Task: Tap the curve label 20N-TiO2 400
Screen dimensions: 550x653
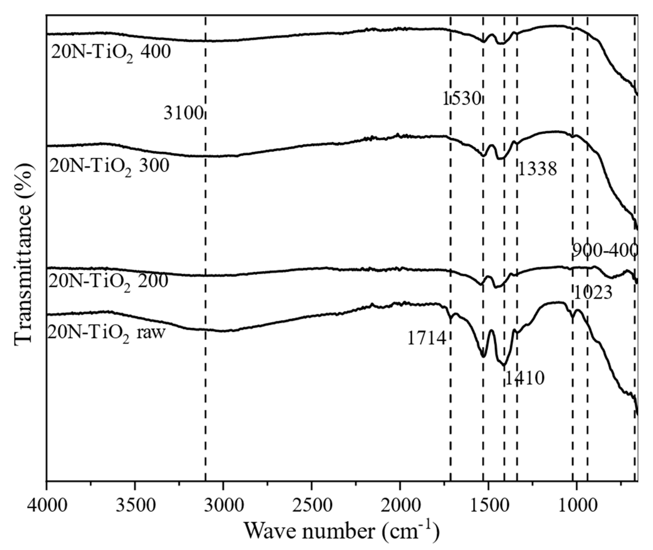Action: [111, 53]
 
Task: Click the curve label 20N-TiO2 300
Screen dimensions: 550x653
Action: [109, 166]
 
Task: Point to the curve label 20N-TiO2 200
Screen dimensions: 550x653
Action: [108, 282]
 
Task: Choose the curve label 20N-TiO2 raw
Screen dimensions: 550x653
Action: [106, 334]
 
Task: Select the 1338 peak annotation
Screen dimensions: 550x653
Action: [537, 170]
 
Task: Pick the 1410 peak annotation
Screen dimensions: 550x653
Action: [525, 378]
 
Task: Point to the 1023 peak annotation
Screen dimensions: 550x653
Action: [593, 293]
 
